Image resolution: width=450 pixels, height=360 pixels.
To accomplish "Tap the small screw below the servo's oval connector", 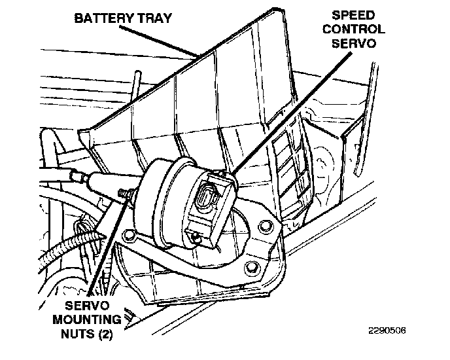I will (x=195, y=238).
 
